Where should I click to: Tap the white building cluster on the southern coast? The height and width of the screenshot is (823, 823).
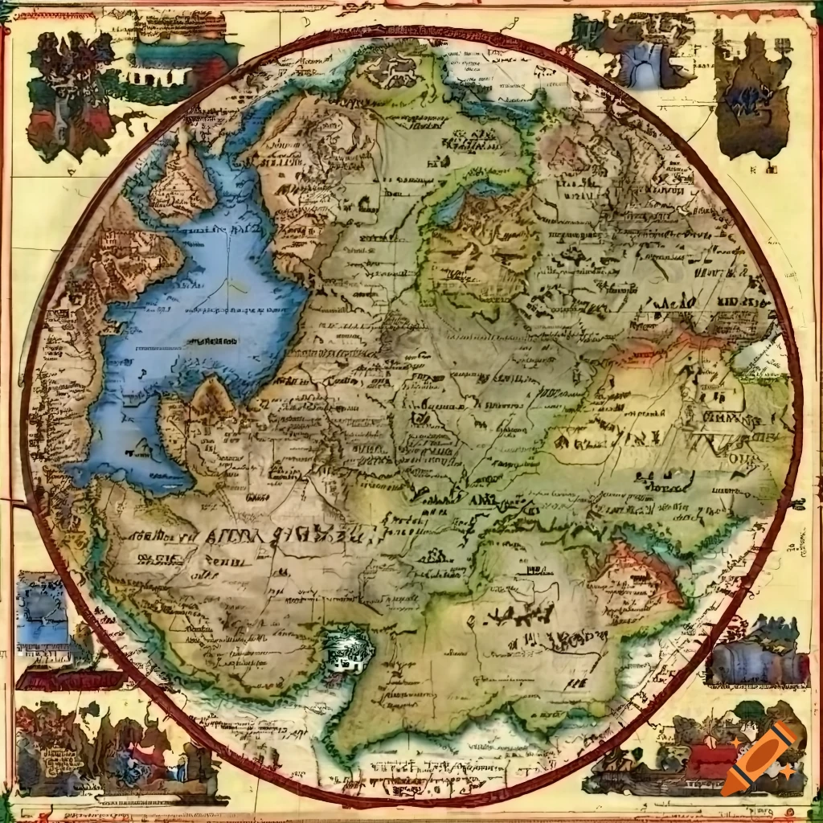point(347,649)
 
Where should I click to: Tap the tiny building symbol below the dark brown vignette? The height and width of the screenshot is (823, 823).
point(771,169)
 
